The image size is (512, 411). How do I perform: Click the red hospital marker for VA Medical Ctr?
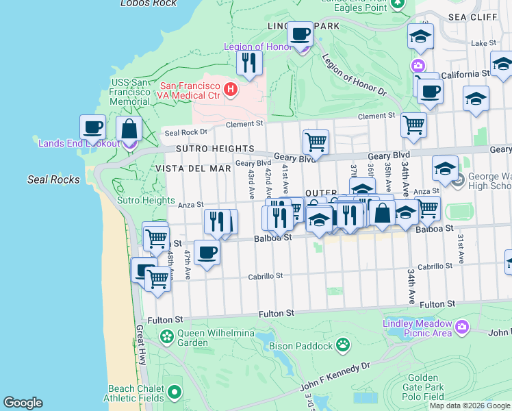[x=231, y=89]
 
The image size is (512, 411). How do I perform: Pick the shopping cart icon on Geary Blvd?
[x=316, y=142]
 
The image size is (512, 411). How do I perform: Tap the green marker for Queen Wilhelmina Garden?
[x=166, y=336]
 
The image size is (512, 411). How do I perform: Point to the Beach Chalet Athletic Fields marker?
[x=175, y=392]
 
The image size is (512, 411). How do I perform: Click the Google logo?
[x=23, y=403]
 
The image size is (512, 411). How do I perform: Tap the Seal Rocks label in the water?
[x=53, y=179]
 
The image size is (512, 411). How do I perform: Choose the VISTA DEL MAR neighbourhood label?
[x=193, y=168]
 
